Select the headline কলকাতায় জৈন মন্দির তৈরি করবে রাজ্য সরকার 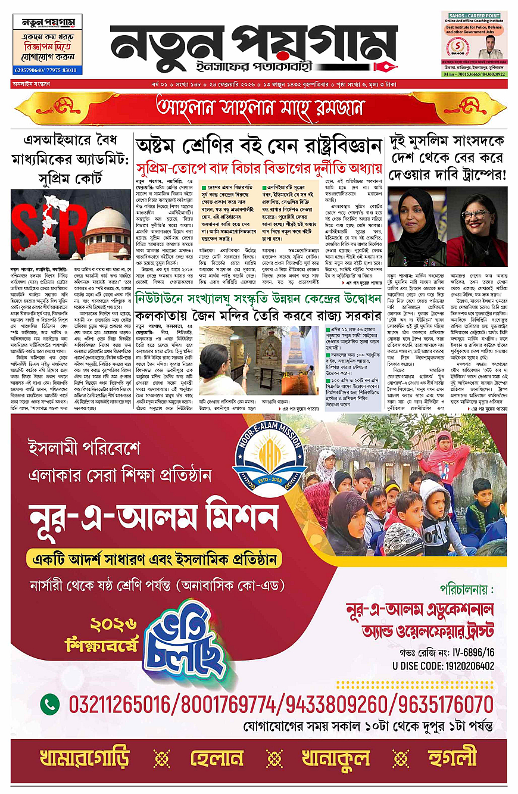coord(258,316)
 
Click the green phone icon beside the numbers coord(50,704)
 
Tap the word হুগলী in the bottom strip coord(454,757)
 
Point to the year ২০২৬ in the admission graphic coord(114,625)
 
